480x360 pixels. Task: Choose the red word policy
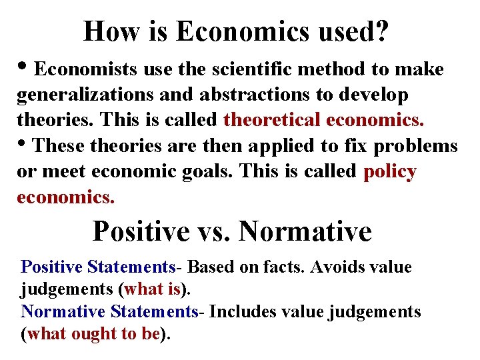[x=390, y=172]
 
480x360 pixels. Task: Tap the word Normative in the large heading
[x=305, y=232]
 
